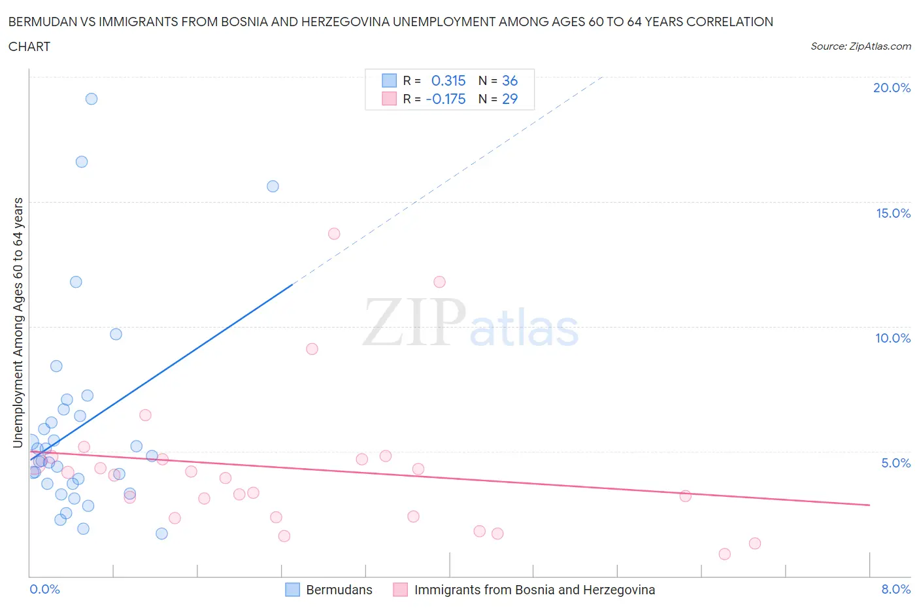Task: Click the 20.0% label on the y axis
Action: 892,88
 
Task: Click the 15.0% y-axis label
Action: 893,213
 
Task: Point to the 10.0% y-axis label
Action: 893,338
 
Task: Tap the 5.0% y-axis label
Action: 895,463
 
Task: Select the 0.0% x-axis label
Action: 44,589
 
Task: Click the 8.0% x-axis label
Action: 895,589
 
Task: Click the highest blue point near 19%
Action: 92,99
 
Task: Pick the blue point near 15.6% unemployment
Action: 273,186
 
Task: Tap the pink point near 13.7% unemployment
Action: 334,233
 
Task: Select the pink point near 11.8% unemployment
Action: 439,282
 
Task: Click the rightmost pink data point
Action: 754,543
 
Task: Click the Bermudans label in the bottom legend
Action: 339,590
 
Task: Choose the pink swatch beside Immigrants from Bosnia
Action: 400,590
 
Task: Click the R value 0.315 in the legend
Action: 448,80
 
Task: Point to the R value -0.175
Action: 446,99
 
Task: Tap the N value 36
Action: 510,80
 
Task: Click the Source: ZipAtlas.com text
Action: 860,46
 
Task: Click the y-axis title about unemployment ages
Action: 18,322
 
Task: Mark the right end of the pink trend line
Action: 869,505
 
